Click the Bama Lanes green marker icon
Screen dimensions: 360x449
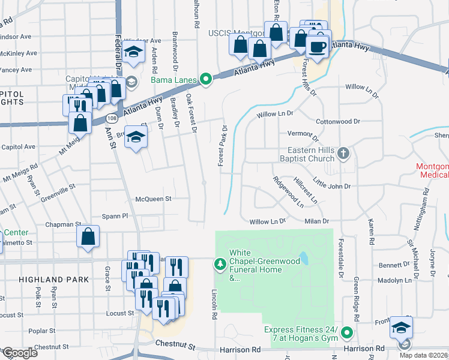point(206,79)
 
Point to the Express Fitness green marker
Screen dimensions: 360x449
point(347,332)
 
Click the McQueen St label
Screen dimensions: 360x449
point(154,199)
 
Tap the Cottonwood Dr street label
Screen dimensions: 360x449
point(337,121)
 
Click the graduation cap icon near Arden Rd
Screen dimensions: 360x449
point(133,53)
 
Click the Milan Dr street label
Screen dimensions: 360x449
point(318,221)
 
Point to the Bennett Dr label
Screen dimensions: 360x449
point(394,265)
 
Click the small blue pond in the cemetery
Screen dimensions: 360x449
point(305,259)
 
